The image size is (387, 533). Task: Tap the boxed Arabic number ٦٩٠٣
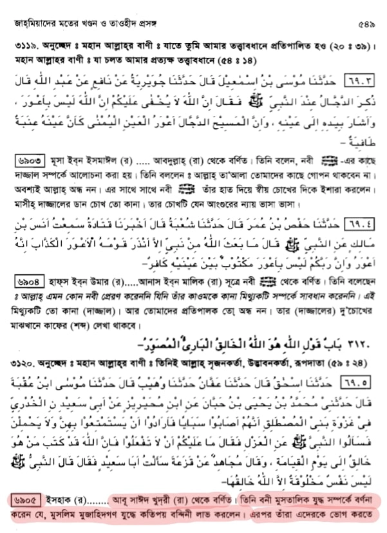point(359,82)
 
